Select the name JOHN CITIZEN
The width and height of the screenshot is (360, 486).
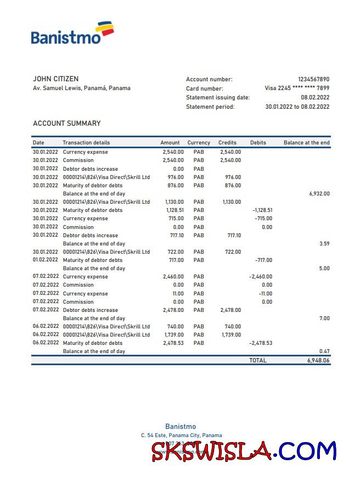[x=55, y=79]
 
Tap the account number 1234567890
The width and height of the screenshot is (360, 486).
[x=313, y=79]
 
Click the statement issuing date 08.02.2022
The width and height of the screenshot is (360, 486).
[x=316, y=97]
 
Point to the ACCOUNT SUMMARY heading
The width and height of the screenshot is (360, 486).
[x=66, y=124]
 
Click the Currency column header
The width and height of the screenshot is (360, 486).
[x=199, y=143]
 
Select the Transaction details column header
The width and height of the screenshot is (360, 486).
[x=86, y=143]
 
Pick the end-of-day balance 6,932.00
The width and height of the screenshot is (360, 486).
[x=319, y=194]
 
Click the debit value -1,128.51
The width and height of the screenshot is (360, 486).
[x=262, y=210]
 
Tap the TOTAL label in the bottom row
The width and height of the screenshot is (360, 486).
[x=258, y=361]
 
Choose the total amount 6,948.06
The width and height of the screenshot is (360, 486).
[x=318, y=361]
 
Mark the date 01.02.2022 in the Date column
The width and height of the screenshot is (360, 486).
[x=45, y=260]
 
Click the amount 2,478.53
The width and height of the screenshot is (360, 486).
[x=173, y=343]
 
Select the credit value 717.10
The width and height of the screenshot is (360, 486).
[x=234, y=235]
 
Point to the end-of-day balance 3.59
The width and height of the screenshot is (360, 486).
[x=324, y=243]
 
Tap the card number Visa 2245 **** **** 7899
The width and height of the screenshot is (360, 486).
[x=297, y=88]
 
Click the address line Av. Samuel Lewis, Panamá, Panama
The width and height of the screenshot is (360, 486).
[x=82, y=88]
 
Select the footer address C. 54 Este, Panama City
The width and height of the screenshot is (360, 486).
[x=181, y=435]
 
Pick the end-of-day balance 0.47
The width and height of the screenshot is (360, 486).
[x=324, y=351]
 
